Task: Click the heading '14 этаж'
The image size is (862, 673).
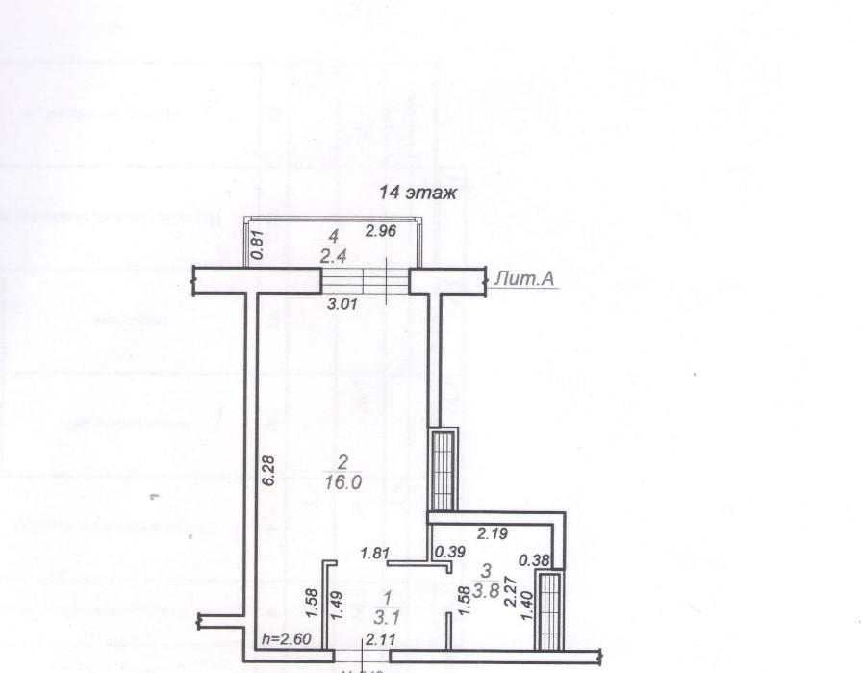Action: pos(418,194)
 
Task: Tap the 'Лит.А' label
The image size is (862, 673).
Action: pos(520,279)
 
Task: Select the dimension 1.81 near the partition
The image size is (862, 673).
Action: pos(374,553)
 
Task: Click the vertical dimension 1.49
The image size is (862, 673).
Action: pos(337,604)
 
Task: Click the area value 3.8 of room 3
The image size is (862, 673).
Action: pos(493,593)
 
